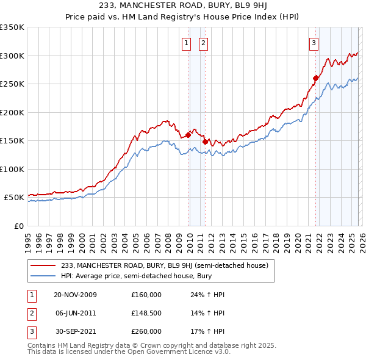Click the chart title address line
point(182,5)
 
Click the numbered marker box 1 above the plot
point(185,43)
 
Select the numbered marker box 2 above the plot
point(203,43)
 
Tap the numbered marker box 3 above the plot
point(313,43)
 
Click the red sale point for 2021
point(315,78)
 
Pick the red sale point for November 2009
point(188,135)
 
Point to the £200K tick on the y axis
point(12,112)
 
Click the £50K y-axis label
point(14,198)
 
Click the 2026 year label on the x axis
point(361,240)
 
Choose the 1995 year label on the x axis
point(28,240)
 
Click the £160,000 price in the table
point(146,295)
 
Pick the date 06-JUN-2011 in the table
point(75,313)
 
